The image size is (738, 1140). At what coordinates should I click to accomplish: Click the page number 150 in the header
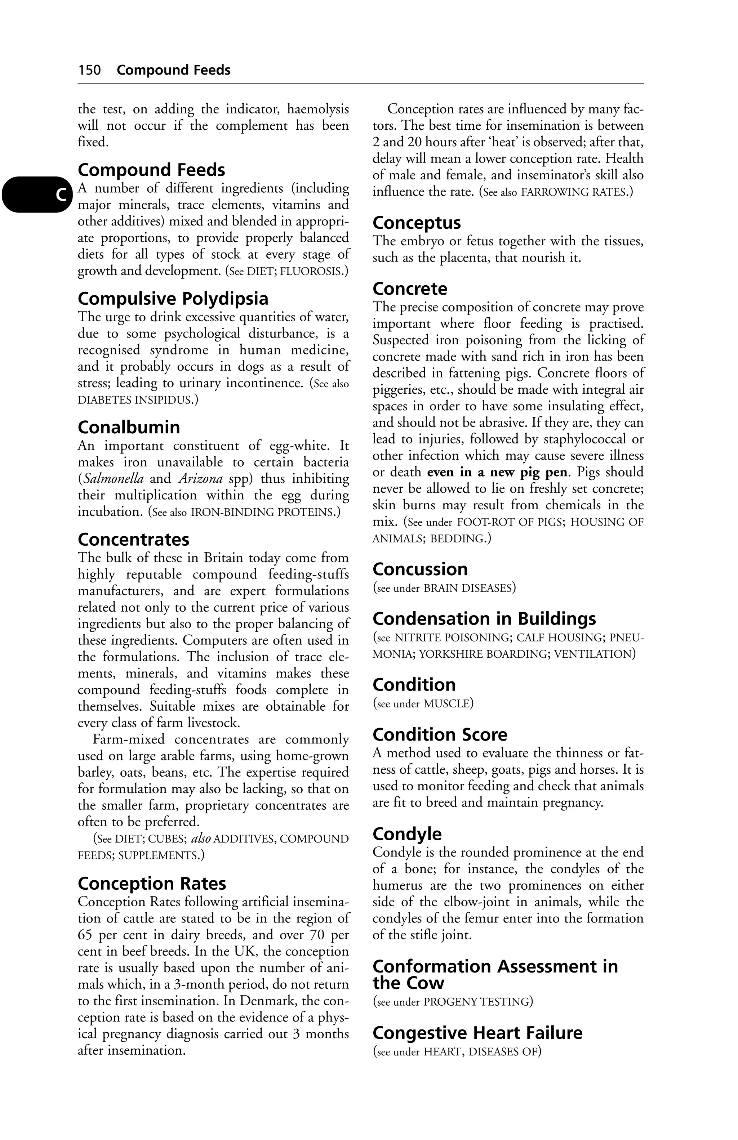pos(90,70)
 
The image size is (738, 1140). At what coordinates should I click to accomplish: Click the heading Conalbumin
pos(129,427)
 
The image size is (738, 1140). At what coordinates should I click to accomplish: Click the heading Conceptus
pos(417,223)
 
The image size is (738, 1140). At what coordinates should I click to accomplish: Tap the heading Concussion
pos(420,569)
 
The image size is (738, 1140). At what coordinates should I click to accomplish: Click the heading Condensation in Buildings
pos(484,619)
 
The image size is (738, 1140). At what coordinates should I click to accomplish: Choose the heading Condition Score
pos(439,734)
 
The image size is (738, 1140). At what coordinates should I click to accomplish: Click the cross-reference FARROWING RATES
pos(574,193)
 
